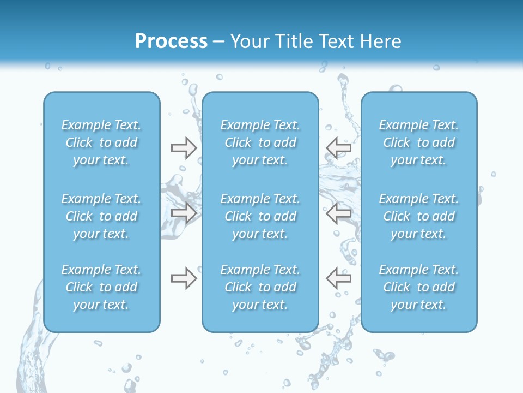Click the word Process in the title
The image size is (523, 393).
pyautogui.click(x=171, y=41)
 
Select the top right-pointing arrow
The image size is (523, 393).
pyautogui.click(x=184, y=148)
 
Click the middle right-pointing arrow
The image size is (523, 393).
pyautogui.click(x=184, y=213)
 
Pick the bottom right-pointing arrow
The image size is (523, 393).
pyautogui.click(x=184, y=278)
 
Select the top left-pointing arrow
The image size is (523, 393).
pyautogui.click(x=339, y=147)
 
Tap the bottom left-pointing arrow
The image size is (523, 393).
pyautogui.click(x=339, y=278)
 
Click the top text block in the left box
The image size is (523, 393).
pyautogui.click(x=101, y=142)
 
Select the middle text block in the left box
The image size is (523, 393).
pyautogui.click(x=101, y=216)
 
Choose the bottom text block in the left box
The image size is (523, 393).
pyautogui.click(x=101, y=287)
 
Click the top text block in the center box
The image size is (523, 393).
pyautogui.click(x=260, y=142)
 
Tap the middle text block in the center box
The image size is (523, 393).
pyautogui.click(x=260, y=216)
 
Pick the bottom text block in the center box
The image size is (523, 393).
pyautogui.click(x=260, y=287)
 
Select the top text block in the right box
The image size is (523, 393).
pyautogui.click(x=419, y=142)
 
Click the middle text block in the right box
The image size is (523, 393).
pyautogui.click(x=419, y=216)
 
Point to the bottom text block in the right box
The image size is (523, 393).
pyautogui.click(x=419, y=287)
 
